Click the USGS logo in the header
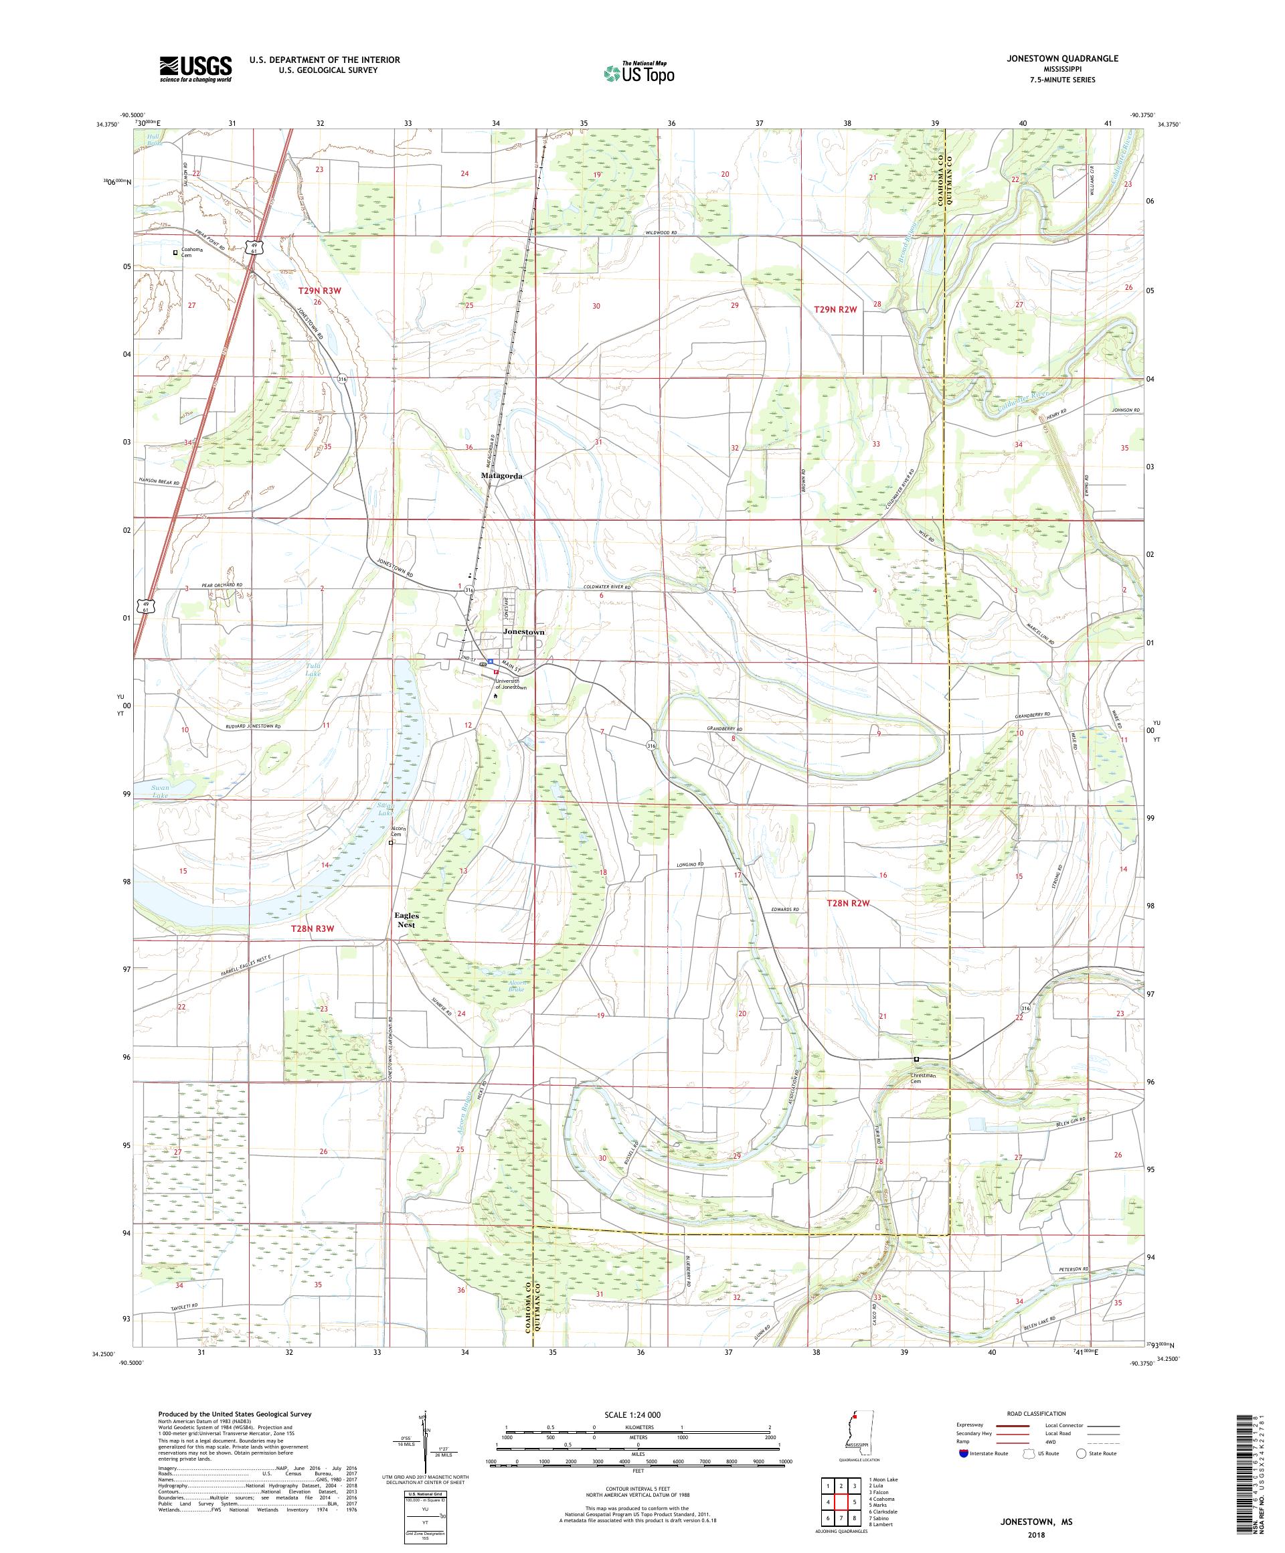tap(195, 70)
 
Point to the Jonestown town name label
tap(523, 633)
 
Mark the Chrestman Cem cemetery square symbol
tap(916, 1059)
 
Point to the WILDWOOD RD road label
tap(661, 233)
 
